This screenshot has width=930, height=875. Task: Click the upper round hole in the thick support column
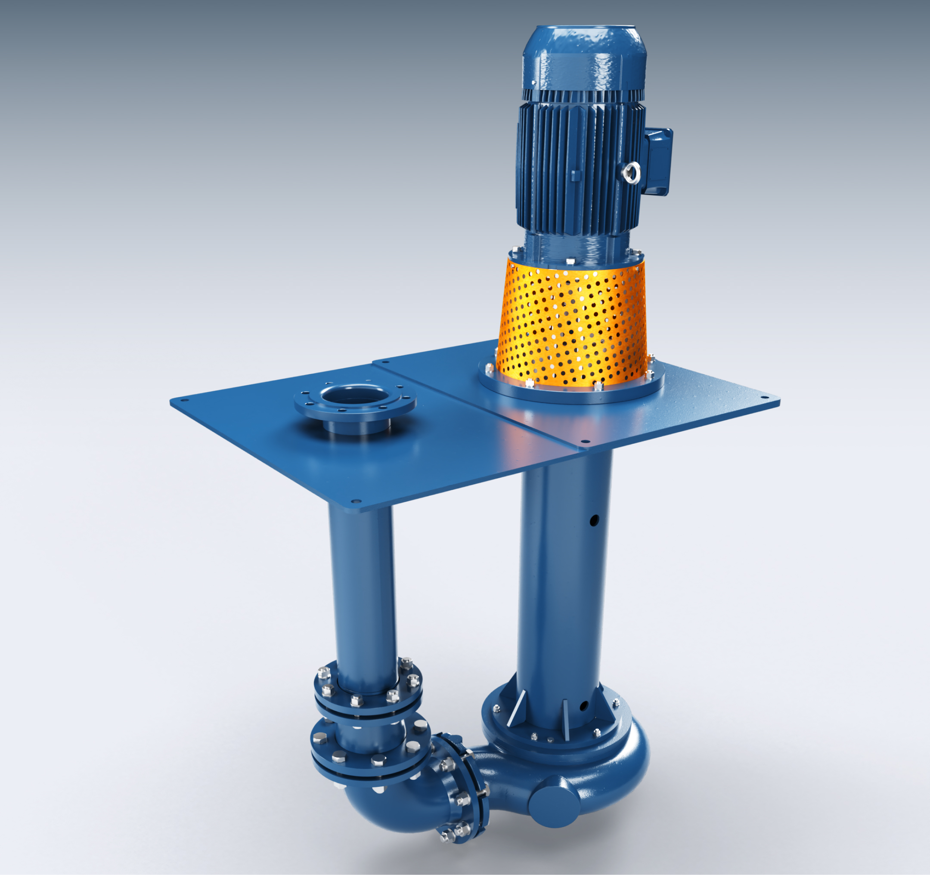(x=594, y=520)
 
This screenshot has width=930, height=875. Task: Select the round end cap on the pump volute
(x=553, y=801)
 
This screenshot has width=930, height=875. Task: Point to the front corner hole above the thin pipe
(x=354, y=501)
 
